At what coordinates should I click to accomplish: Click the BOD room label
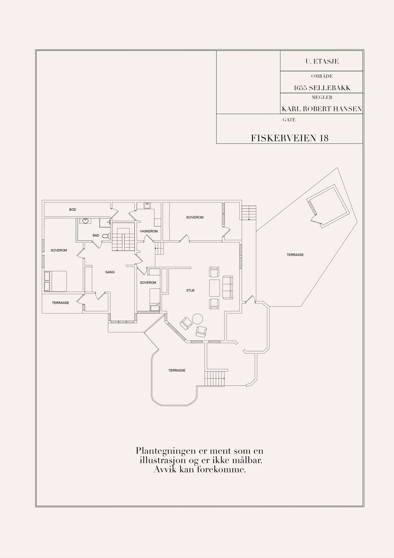[x=72, y=210]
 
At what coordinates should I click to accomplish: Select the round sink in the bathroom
[x=85, y=221]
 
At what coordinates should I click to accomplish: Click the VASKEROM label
[x=149, y=231]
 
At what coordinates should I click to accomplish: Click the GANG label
[x=110, y=272]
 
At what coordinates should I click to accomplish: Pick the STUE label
[x=190, y=290]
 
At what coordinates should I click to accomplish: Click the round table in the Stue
[x=198, y=318]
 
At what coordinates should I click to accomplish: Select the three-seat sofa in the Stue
[x=228, y=287]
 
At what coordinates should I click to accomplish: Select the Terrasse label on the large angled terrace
[x=295, y=255]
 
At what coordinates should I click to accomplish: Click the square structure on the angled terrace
[x=327, y=207]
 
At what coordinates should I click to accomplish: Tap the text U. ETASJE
[x=322, y=61]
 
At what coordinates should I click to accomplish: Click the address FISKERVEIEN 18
[x=289, y=138]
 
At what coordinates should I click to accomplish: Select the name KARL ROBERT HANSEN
[x=322, y=109]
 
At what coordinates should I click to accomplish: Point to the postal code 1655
[x=300, y=88]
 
